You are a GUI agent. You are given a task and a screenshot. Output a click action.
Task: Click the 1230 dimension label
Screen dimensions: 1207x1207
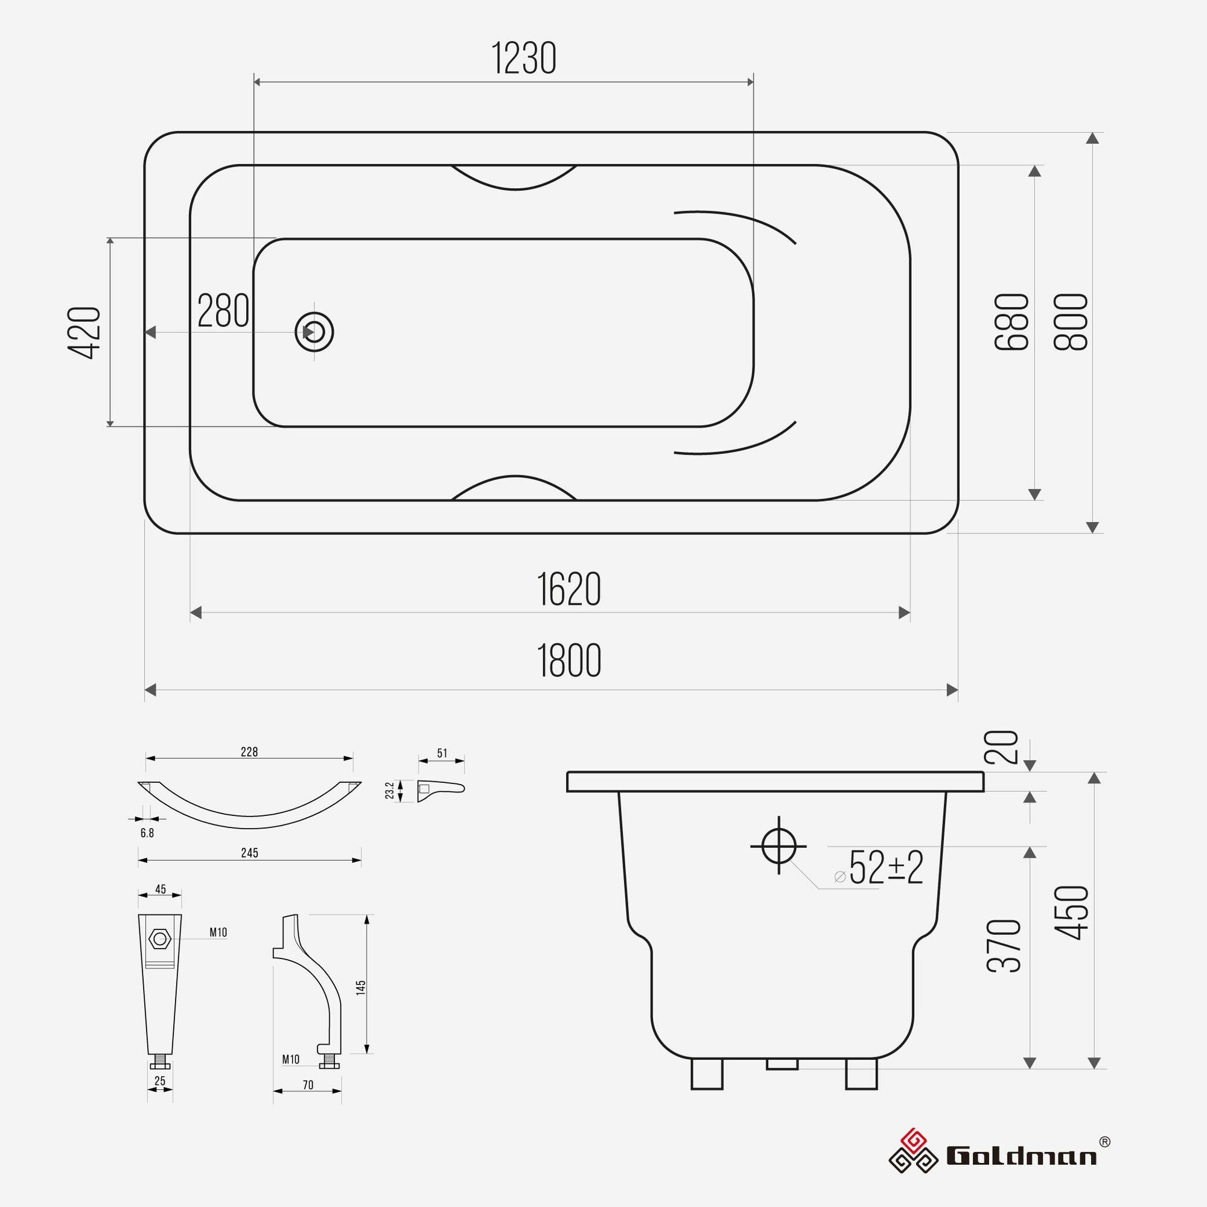[x=523, y=59]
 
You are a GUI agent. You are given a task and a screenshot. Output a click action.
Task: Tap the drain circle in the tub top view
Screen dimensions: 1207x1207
[x=314, y=332]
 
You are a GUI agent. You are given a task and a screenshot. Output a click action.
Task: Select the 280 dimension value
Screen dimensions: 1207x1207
[x=223, y=311]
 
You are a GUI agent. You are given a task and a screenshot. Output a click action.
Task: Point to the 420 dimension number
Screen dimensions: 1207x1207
[x=84, y=333]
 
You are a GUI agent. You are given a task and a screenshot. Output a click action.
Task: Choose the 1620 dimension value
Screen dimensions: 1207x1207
[x=568, y=589]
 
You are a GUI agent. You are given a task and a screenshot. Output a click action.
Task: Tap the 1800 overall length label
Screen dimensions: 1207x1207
[x=568, y=661]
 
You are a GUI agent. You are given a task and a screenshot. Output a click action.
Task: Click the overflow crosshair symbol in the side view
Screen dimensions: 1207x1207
[x=779, y=846]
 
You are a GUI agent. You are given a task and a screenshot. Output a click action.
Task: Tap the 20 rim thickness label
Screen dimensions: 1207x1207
[x=1002, y=747]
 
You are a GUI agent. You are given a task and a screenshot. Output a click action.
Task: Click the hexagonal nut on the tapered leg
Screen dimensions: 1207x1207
[x=160, y=938]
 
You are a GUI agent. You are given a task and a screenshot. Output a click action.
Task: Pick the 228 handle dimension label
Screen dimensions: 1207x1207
[x=249, y=752]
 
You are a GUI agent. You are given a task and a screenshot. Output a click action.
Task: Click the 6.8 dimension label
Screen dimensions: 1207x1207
[x=147, y=833]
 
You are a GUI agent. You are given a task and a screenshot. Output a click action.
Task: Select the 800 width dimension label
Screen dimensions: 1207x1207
[x=1071, y=322]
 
